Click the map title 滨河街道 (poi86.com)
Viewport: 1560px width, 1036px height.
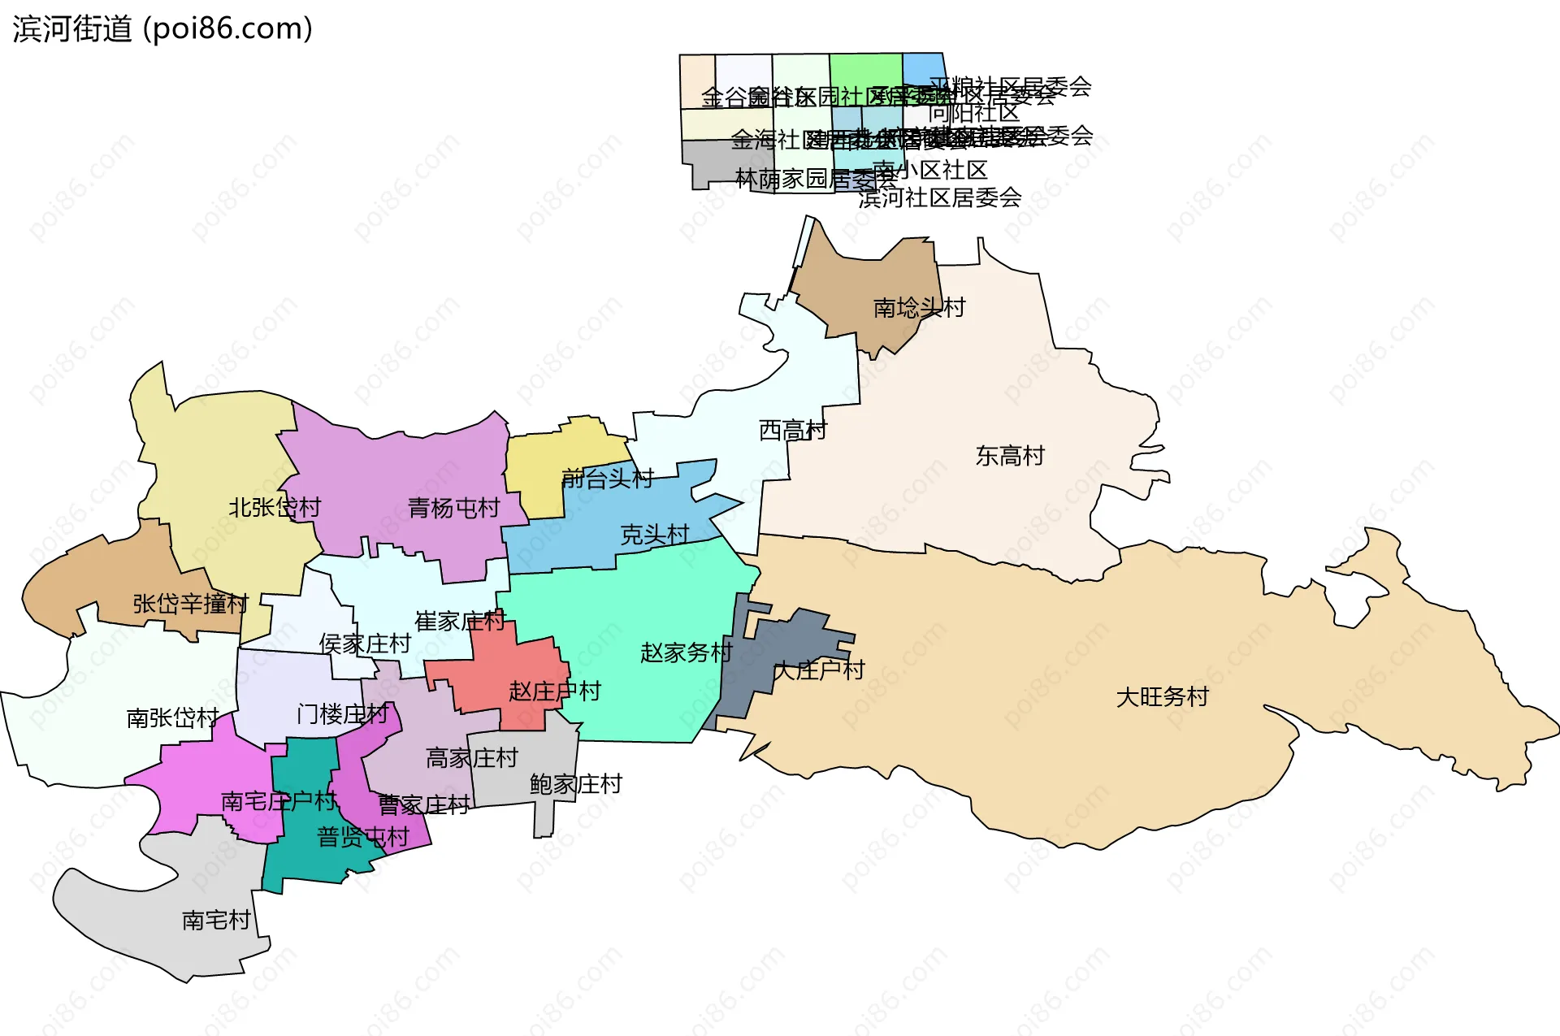(162, 29)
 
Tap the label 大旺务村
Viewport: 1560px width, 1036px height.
(1162, 697)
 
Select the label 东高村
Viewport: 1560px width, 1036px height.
(1010, 456)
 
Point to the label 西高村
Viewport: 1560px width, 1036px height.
(792, 430)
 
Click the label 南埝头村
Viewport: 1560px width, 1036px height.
(919, 308)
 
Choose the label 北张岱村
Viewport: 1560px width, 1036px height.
(275, 508)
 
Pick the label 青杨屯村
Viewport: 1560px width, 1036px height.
(453, 509)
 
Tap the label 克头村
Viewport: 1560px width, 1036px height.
(654, 535)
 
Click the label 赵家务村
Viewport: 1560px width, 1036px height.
(686, 652)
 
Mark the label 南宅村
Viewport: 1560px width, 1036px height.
(216, 921)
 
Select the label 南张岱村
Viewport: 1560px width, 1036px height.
(172, 718)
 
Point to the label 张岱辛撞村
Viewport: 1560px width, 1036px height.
(190, 604)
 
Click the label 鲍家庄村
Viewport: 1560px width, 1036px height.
(575, 784)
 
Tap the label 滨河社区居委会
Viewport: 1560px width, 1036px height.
(939, 197)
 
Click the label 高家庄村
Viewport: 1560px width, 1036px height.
(471, 758)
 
